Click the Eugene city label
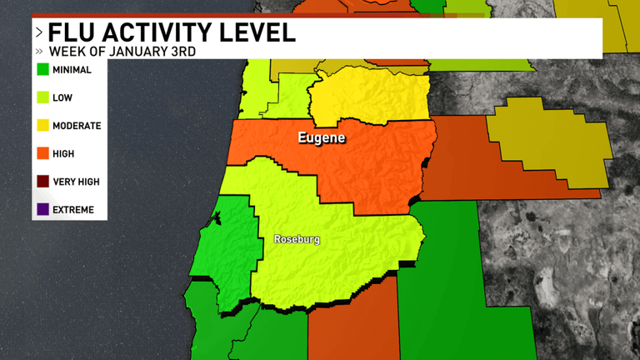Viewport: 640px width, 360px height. point(322,137)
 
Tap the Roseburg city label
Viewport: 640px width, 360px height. point(297,240)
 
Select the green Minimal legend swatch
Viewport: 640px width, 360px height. point(42,70)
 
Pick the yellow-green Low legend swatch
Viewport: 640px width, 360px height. point(42,97)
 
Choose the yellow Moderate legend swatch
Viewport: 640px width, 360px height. point(42,126)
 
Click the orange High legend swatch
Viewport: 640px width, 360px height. point(42,153)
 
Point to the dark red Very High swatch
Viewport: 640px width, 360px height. point(42,182)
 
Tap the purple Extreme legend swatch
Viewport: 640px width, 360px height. point(42,209)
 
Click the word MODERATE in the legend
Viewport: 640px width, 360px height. point(77,126)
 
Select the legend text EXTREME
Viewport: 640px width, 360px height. point(73,209)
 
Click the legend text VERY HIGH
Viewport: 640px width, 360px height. point(77,182)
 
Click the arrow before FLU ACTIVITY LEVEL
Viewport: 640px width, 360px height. point(38,33)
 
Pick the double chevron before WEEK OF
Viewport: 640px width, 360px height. point(39,52)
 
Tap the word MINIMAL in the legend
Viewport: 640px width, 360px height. point(72,70)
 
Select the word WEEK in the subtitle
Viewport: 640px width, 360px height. point(62,52)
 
